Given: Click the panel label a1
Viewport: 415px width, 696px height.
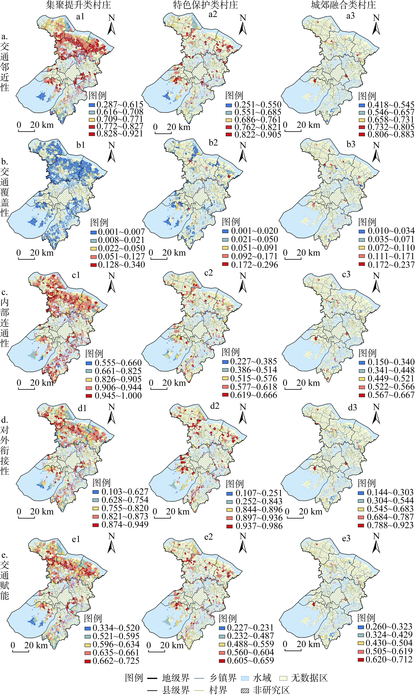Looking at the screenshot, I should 80,17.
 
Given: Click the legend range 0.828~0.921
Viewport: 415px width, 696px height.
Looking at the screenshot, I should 120,134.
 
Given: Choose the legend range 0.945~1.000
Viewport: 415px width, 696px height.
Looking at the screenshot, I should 118,396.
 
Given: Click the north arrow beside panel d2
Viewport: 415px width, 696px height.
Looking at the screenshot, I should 243,414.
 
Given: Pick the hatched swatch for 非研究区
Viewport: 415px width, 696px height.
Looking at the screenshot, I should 245,690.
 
